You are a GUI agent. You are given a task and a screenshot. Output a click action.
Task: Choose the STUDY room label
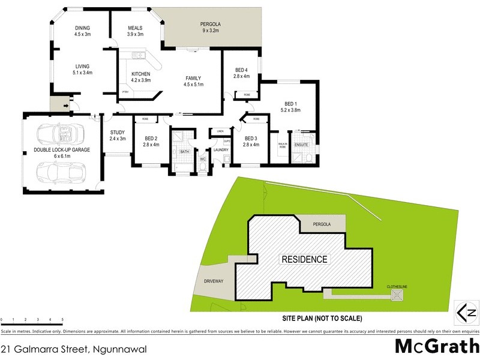click(x=117, y=135)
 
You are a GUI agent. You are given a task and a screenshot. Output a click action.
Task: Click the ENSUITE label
click(x=301, y=145)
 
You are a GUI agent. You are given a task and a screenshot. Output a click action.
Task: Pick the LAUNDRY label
click(x=222, y=150)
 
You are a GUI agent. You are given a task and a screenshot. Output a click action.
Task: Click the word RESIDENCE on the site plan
click(x=304, y=260)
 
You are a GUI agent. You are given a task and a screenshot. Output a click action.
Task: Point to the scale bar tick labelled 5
click(x=62, y=320)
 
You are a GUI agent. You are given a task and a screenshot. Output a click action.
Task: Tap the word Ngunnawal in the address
click(x=120, y=349)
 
